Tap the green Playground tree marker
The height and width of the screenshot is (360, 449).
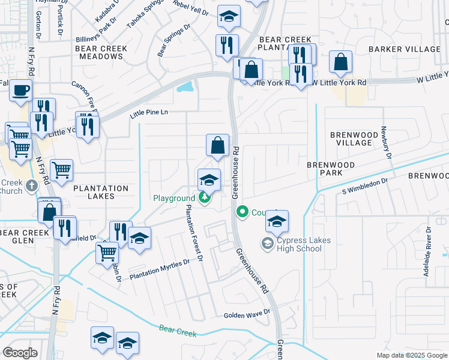(205, 197)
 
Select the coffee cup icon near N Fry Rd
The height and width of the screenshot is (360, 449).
(21, 91)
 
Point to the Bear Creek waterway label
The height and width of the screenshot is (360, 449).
(178, 329)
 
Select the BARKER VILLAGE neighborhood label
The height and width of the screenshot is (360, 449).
(405, 49)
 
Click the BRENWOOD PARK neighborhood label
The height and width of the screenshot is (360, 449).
(331, 169)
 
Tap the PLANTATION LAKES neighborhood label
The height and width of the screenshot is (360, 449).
(101, 193)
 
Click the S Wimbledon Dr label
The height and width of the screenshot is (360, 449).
(366, 185)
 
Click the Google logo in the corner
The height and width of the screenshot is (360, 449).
(20, 353)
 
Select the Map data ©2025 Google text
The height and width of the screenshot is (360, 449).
(412, 355)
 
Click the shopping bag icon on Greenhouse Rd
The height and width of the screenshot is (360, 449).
(217, 145)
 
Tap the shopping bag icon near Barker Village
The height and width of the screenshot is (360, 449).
(341, 62)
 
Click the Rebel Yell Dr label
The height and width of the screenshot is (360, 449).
(191, 11)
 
